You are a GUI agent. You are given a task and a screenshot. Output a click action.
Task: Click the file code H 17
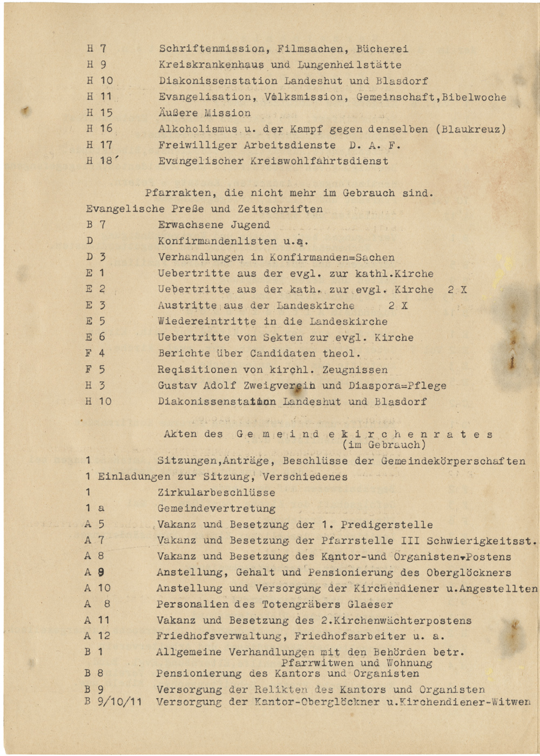(99, 145)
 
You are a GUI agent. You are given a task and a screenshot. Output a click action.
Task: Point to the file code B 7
(96, 225)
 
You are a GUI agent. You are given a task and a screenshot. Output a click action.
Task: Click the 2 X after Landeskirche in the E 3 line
(398, 306)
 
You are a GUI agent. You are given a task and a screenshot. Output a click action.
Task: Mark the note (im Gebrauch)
(384, 445)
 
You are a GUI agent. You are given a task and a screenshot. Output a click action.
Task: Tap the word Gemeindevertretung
(216, 509)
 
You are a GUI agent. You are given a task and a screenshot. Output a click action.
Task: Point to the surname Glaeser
(371, 605)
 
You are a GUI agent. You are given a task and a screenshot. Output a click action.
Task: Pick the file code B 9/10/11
(113, 702)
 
